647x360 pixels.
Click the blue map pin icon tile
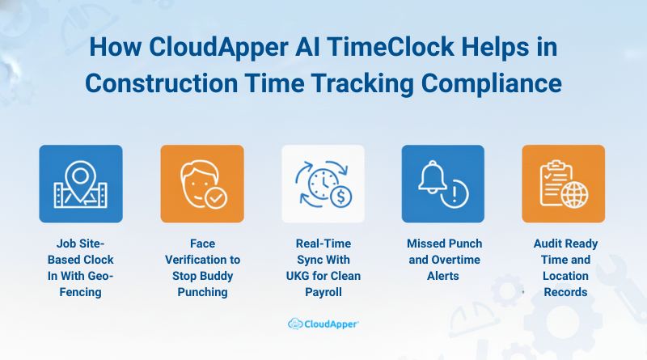(x=81, y=184)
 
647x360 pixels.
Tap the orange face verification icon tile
(x=201, y=184)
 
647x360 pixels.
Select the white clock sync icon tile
(x=323, y=184)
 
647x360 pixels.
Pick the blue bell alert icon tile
(x=443, y=184)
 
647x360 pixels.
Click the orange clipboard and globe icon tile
(x=563, y=184)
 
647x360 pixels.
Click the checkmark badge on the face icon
(x=215, y=197)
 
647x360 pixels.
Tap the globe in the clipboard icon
(x=577, y=197)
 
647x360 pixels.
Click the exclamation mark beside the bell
(x=457, y=193)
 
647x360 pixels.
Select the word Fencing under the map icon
(x=81, y=292)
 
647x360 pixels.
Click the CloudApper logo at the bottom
(x=323, y=324)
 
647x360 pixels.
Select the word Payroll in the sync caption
(x=323, y=292)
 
